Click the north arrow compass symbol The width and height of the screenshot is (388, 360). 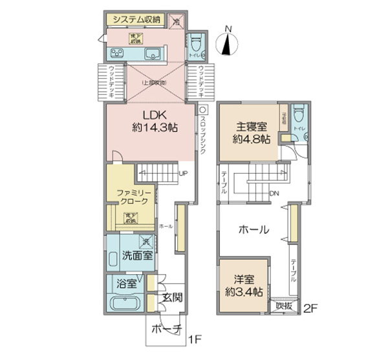[x=226, y=43]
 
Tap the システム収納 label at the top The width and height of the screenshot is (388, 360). [x=137, y=19]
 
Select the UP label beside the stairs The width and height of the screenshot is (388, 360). [x=184, y=173]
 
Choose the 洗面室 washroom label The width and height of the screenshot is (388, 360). [x=137, y=255]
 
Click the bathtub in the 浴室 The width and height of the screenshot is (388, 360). [x=125, y=304]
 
